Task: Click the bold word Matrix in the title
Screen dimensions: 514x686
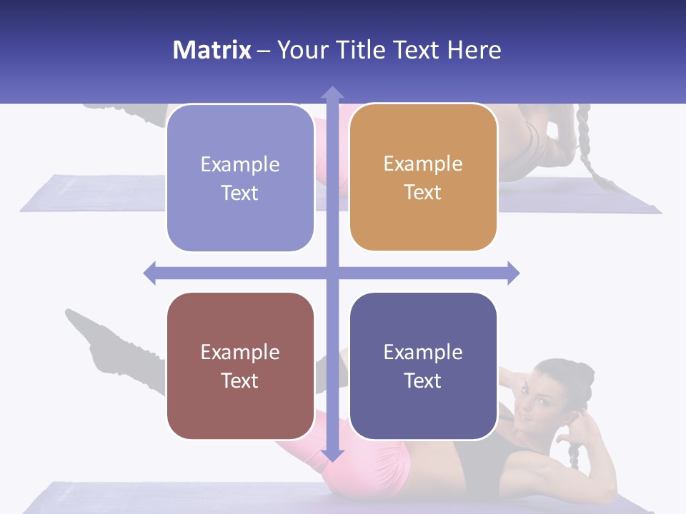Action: point(212,50)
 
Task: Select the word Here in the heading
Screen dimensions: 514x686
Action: point(474,50)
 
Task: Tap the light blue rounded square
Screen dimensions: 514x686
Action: point(240,178)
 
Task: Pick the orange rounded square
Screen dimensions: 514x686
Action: point(423,178)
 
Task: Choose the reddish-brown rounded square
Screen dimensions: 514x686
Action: point(240,366)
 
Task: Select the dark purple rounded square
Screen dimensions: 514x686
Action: point(423,366)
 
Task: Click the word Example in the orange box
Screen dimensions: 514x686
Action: point(423,164)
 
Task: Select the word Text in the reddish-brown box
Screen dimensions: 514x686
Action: point(240,381)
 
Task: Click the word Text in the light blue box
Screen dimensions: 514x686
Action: point(240,193)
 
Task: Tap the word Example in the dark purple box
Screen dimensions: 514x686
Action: point(423,352)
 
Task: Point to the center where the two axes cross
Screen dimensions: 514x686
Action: point(332,273)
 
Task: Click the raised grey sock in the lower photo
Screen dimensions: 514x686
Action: point(107,343)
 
